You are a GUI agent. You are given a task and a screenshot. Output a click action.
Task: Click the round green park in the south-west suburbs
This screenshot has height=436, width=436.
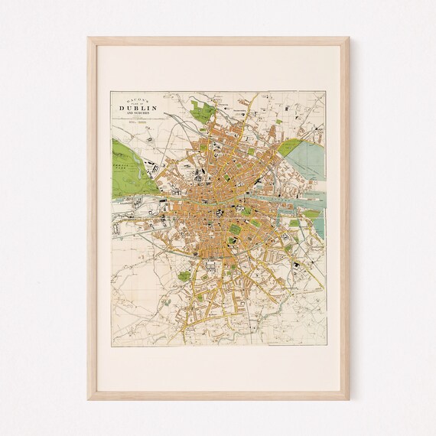pyautogui.click(x=184, y=275)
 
